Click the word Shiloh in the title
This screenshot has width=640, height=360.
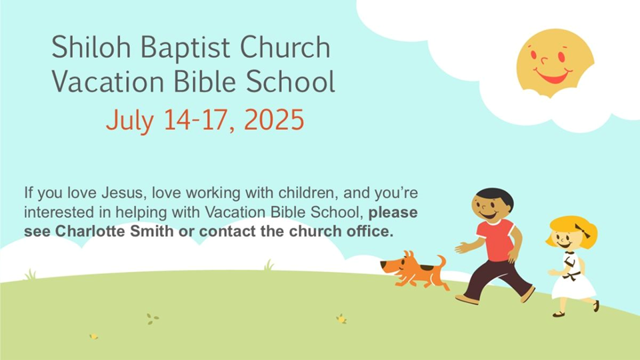point(91,47)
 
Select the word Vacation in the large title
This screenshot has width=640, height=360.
point(108,81)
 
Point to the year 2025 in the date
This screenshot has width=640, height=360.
point(274,120)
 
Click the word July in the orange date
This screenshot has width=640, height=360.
point(130,121)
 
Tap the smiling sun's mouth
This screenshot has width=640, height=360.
point(553,75)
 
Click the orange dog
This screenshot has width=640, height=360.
point(413,270)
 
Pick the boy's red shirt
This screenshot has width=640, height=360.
point(496,239)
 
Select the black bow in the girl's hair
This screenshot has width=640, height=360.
point(583,231)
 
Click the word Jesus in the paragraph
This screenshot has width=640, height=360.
point(124,193)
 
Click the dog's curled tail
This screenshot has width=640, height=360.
point(442,261)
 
